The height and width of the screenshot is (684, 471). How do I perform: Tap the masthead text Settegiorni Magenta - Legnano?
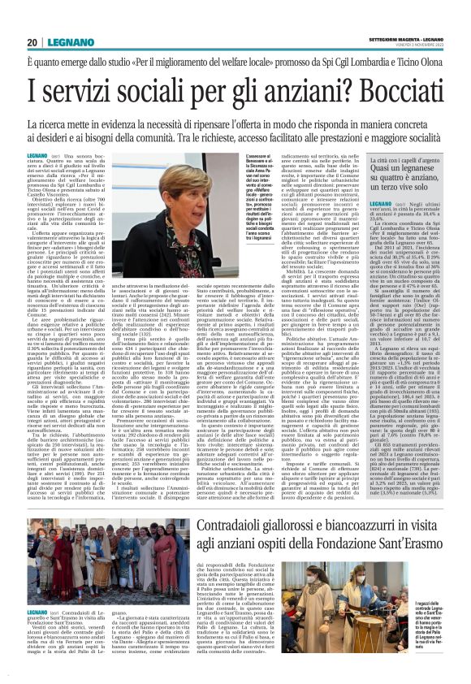click(391, 14)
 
